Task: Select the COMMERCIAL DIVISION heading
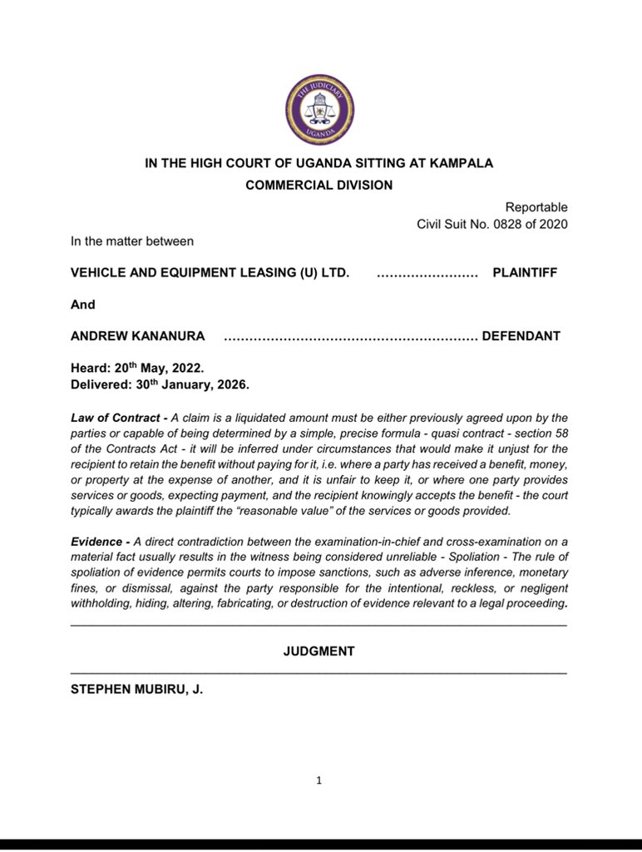coord(319,186)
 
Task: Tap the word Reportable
coord(536,207)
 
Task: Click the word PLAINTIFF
coord(526,273)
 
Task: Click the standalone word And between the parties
coord(83,305)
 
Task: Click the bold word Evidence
coord(96,541)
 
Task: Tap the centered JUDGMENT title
coord(319,651)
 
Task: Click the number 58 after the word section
coord(560,433)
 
